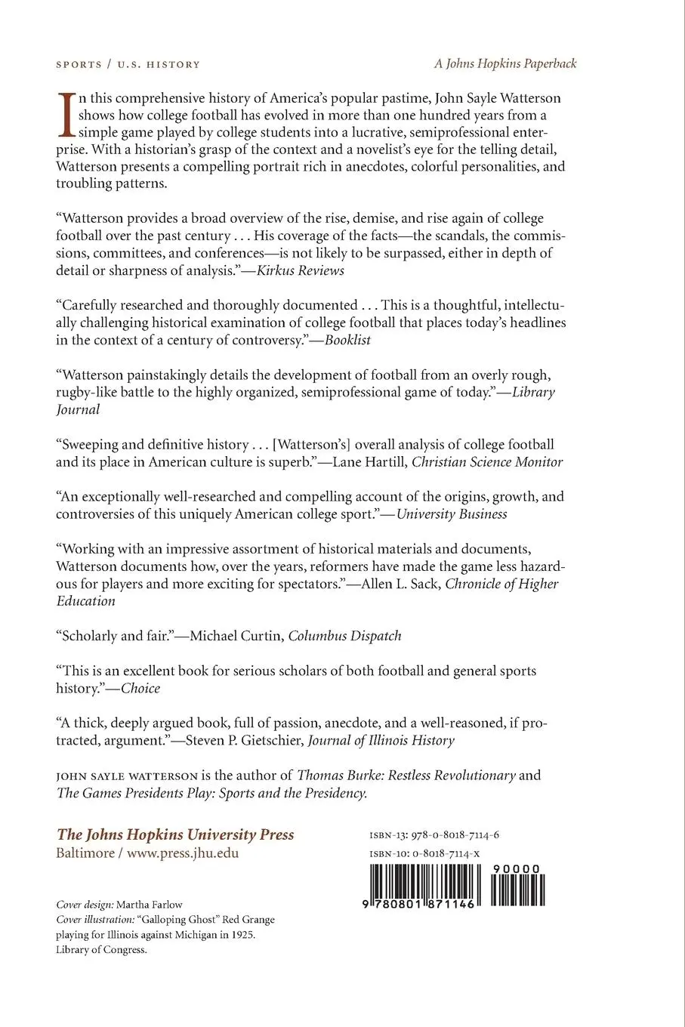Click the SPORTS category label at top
79,65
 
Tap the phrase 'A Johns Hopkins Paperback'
505,64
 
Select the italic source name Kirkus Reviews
300,270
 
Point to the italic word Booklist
347,340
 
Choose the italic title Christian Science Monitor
487,461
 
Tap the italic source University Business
452,513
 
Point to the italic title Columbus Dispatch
344,635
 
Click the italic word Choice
140,688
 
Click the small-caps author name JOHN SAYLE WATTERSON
125,776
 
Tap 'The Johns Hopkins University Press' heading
175,834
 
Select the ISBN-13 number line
435,835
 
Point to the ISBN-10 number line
425,853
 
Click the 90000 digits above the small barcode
516,869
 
